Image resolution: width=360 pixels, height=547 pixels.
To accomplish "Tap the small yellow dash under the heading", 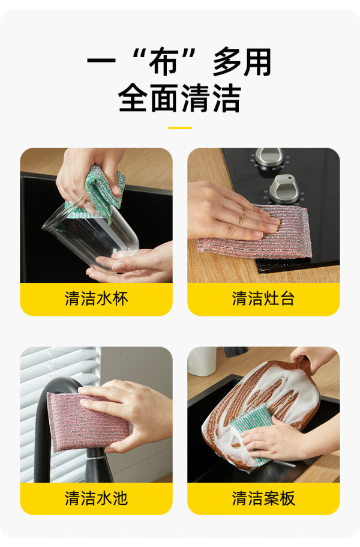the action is click(180, 128).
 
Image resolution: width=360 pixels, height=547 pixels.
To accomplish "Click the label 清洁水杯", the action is click(96, 298).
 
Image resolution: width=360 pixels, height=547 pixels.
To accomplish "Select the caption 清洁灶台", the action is click(263, 298).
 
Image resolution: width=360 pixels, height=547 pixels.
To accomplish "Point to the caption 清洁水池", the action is click(96, 498).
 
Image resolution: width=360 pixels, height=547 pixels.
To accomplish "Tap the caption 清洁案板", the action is click(263, 498).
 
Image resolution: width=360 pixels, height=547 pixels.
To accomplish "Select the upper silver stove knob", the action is click(269, 157).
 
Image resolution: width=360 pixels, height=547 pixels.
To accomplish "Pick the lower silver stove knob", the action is click(284, 189).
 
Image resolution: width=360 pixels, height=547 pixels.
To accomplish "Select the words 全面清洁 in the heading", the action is click(180, 98).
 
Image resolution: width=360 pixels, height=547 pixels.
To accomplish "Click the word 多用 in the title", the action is click(242, 62).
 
